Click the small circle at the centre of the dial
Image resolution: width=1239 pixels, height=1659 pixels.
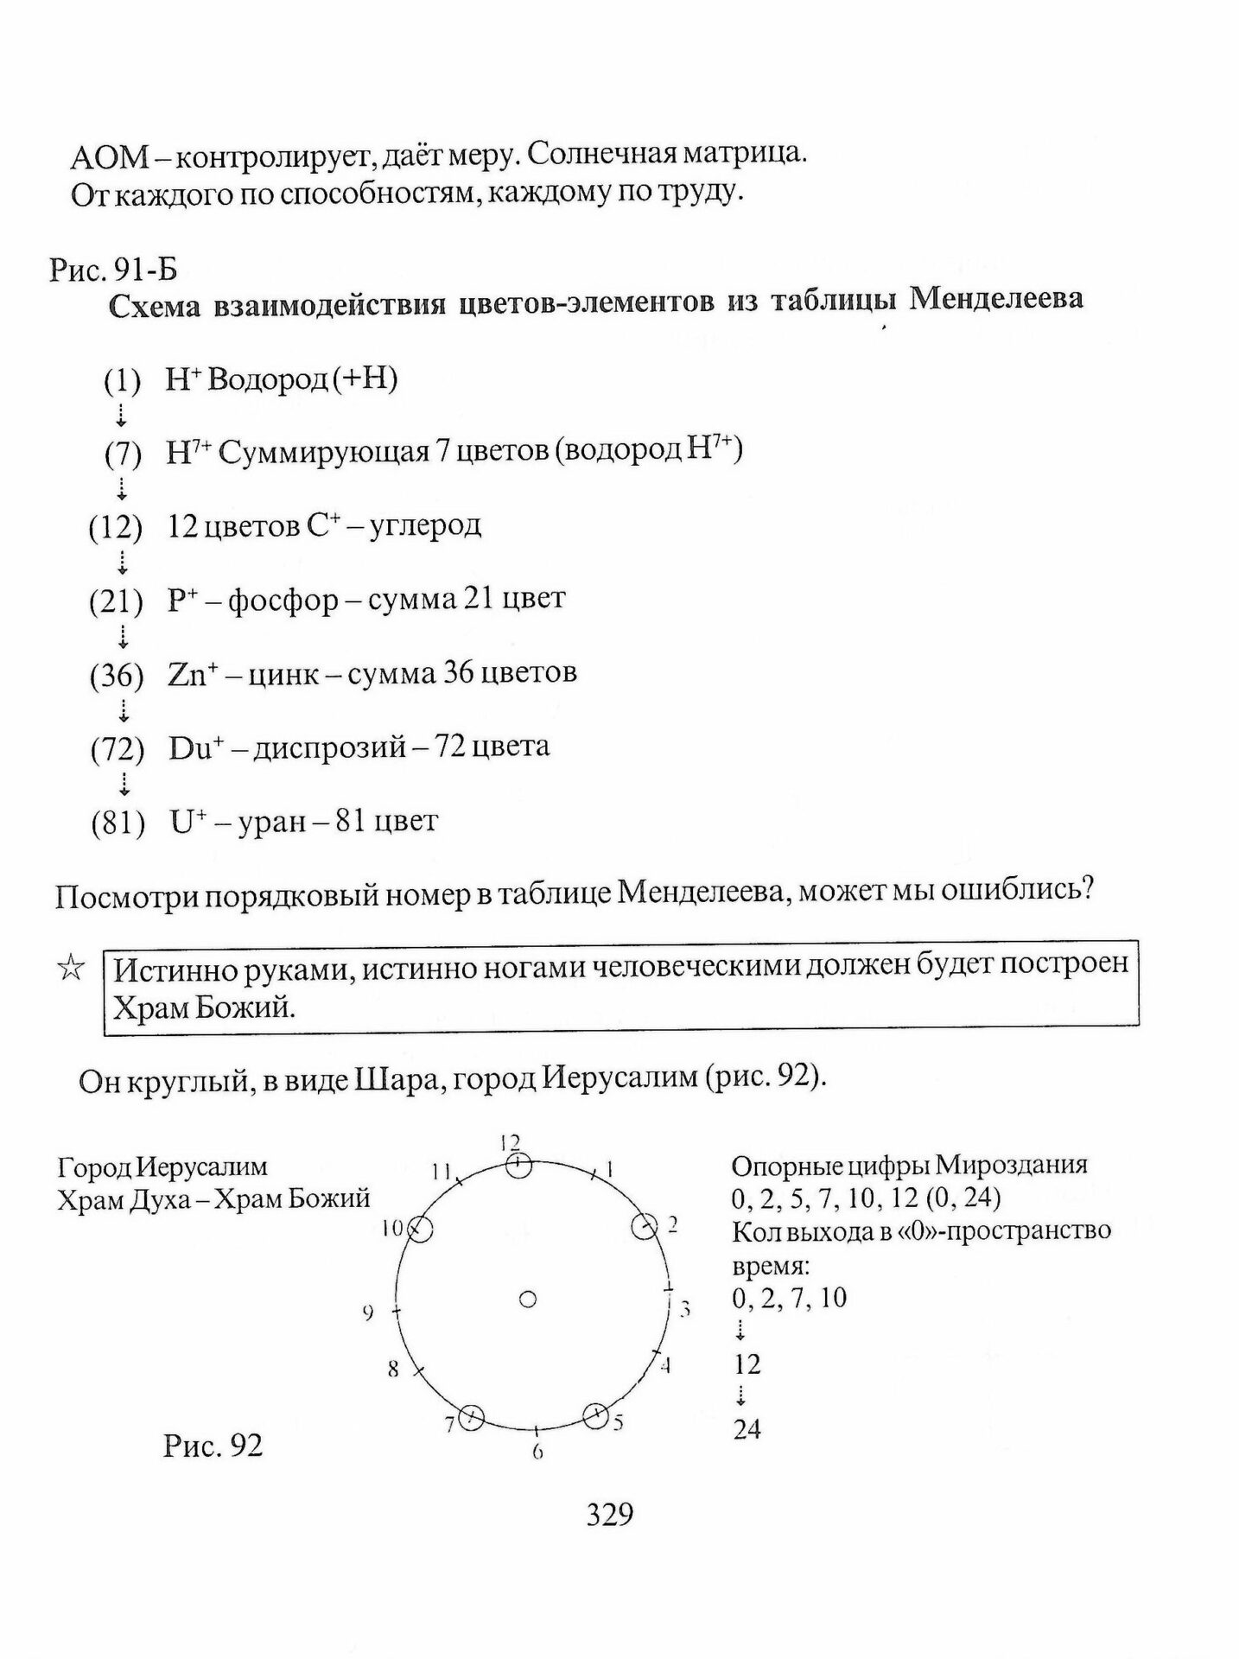(527, 1300)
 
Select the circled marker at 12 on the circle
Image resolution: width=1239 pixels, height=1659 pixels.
(518, 1166)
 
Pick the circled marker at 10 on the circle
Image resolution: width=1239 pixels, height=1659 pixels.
(420, 1229)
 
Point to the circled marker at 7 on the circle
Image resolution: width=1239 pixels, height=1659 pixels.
(472, 1417)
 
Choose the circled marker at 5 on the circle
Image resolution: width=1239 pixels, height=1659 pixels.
(595, 1416)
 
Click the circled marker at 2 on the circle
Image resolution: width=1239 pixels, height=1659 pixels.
(644, 1226)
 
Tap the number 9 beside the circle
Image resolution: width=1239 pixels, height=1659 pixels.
(369, 1313)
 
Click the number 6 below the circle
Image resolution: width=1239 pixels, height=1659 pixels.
(537, 1452)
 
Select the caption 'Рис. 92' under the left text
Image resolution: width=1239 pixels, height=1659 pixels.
(213, 1446)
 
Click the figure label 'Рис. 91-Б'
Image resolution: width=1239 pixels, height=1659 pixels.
(113, 270)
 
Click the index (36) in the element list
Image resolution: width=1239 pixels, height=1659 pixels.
(117, 675)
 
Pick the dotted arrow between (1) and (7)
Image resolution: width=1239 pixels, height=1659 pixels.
(121, 416)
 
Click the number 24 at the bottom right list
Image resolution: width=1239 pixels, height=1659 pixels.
(747, 1430)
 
